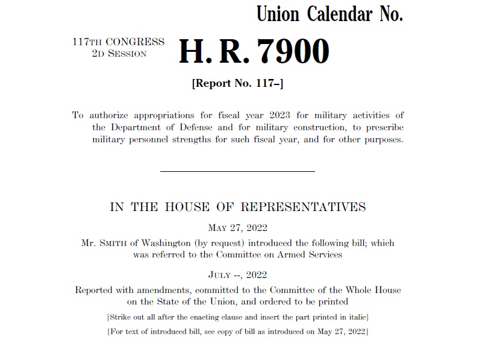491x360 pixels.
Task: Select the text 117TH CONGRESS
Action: click(x=118, y=42)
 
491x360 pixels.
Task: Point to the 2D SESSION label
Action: click(x=119, y=54)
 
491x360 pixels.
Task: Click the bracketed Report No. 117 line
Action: click(x=237, y=84)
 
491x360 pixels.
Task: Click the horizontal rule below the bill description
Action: click(x=237, y=171)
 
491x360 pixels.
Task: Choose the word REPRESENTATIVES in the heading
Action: click(x=303, y=207)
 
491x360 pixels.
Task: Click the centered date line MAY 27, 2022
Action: click(x=237, y=227)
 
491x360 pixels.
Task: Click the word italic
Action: click(x=354, y=317)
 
